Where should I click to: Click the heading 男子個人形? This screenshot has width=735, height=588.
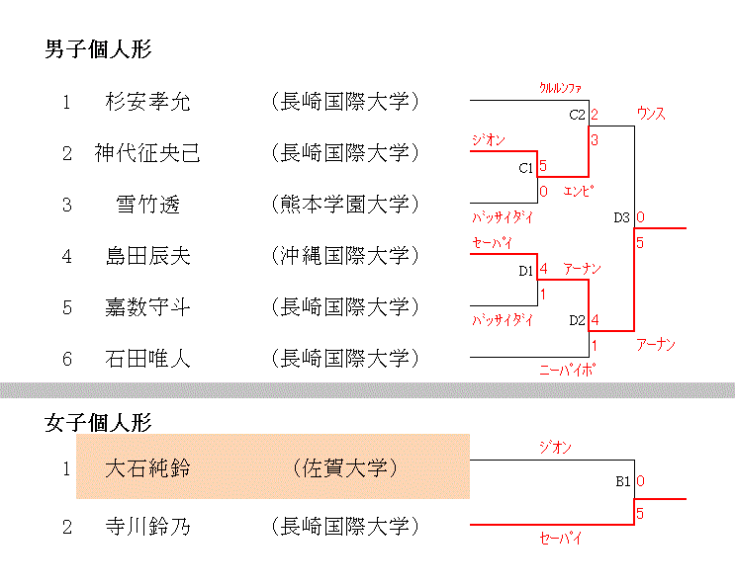point(98,48)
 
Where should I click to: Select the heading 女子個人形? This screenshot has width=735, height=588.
point(98,423)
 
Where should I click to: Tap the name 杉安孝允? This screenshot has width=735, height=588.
point(147,102)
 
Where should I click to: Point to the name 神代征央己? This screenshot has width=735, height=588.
point(147,153)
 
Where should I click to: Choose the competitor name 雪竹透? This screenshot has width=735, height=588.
point(147,205)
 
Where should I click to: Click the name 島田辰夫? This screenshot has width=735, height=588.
point(147,256)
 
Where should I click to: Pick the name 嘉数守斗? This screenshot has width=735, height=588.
point(147,307)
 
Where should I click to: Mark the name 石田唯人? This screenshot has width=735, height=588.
point(147,359)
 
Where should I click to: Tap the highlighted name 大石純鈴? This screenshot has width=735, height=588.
point(147,467)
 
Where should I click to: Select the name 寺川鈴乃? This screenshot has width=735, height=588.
point(147,527)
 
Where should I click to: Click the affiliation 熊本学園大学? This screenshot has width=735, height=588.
point(344,205)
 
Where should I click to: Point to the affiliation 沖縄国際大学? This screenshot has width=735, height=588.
point(344,256)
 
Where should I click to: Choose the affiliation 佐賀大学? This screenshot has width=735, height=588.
point(344,467)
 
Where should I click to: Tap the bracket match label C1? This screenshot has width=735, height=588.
point(526,168)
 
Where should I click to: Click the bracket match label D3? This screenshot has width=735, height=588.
point(621,217)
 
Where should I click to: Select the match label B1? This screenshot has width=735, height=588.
point(622,482)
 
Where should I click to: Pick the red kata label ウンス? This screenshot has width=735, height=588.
point(651,114)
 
